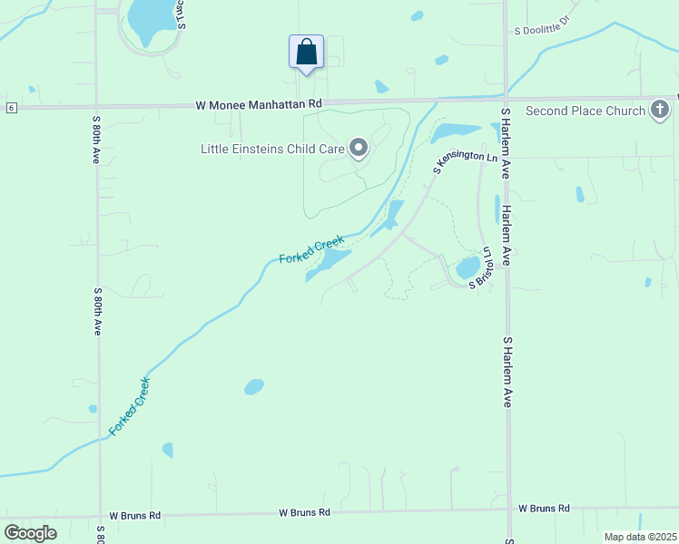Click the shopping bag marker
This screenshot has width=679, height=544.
(x=306, y=51)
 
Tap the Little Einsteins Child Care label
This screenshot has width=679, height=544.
(x=271, y=149)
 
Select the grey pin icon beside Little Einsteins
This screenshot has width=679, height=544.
(x=359, y=148)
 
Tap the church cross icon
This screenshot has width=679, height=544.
(x=660, y=111)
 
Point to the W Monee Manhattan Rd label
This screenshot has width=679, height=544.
(x=259, y=105)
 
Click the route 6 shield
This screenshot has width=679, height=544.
(x=10, y=108)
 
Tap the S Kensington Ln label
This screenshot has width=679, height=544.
(x=466, y=161)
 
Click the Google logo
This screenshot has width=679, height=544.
(x=30, y=532)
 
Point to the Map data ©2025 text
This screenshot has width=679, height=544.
(x=640, y=537)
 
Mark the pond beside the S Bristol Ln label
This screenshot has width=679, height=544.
(x=467, y=267)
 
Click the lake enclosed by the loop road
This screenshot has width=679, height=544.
(x=149, y=19)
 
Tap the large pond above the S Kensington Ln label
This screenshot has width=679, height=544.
(x=456, y=133)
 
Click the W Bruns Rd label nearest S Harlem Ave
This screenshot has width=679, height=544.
(x=544, y=509)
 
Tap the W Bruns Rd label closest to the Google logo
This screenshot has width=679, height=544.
(x=134, y=515)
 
